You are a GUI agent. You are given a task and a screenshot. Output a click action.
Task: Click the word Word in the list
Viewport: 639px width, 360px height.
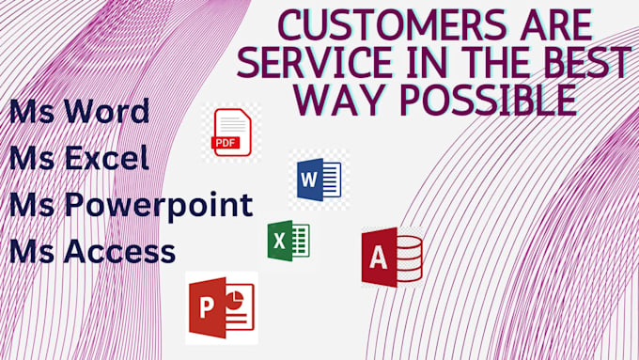[x=109, y=112]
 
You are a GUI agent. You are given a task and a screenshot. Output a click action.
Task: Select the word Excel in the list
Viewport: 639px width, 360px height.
[x=107, y=158]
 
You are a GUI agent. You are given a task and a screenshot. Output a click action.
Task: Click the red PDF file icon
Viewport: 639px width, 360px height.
[x=230, y=133]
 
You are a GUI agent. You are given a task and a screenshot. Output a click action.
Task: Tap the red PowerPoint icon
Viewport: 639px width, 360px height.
[x=221, y=307]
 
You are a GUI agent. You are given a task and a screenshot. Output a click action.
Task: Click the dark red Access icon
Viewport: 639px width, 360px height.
[x=391, y=257]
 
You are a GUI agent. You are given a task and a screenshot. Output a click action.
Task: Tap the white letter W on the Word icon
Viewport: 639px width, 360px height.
[x=307, y=179]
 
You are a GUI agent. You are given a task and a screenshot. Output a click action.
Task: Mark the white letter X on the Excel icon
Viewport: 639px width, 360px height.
[x=278, y=242]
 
